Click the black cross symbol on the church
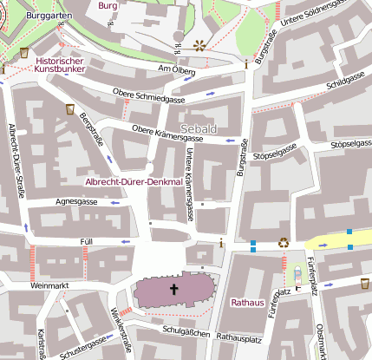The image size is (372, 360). (x=173, y=289)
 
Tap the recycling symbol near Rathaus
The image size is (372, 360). (x=283, y=243)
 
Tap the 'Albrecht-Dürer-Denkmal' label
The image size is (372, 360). (x=133, y=182)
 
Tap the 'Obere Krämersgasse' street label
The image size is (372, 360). (x=167, y=133)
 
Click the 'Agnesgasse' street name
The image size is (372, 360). (x=76, y=201)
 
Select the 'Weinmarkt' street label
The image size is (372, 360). (x=48, y=285)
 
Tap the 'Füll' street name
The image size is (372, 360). (x=86, y=240)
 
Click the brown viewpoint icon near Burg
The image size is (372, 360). (x=200, y=45)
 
